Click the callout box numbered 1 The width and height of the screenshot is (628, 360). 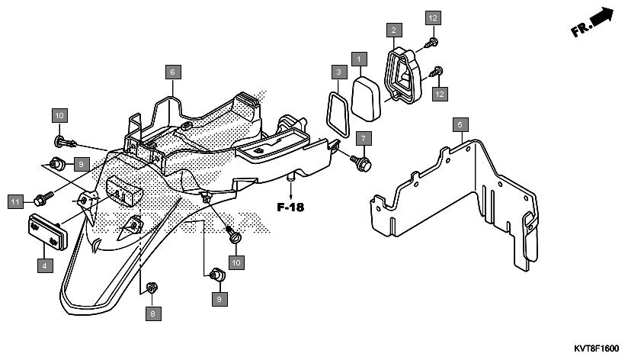coord(359,59)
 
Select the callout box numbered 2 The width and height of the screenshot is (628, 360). coord(394,30)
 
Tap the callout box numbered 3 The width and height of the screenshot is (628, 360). coord(339,72)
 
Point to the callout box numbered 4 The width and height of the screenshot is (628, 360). coord(45,265)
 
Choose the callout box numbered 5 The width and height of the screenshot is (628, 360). coord(460,124)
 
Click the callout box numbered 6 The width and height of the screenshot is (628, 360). coord(173,72)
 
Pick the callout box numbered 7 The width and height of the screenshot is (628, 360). coord(364,139)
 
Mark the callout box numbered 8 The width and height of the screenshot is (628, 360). coord(153,313)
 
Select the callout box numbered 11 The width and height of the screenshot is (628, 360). coord(15,201)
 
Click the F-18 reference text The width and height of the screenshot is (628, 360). coord(290,207)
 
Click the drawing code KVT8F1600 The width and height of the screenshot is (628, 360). coord(596,349)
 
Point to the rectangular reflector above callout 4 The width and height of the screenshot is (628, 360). coord(48,232)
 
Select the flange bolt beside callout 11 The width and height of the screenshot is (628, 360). coord(43,198)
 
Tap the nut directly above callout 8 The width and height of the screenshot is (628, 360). coord(152,288)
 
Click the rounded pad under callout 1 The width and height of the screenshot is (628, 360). coord(366,98)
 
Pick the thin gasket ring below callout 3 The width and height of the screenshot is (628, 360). coord(338,114)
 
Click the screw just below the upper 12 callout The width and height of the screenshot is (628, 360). coord(431,42)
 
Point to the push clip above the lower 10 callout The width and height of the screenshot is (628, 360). coord(235,235)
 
